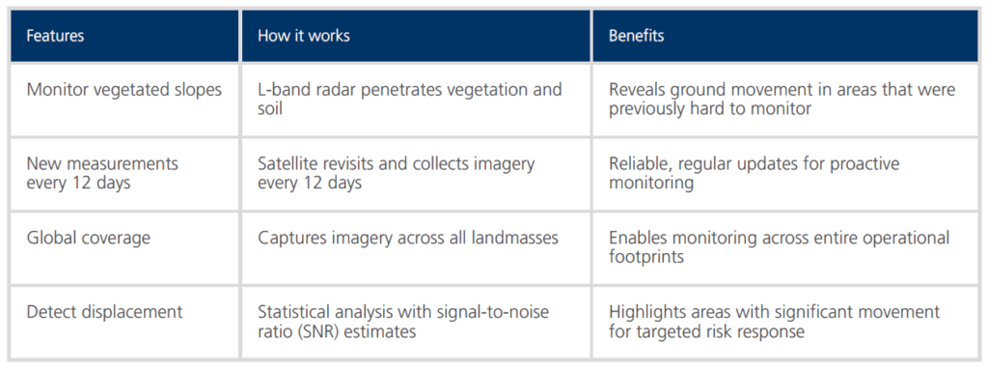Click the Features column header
click(55, 36)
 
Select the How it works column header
click(304, 36)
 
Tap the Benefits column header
click(637, 36)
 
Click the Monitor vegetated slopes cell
click(124, 90)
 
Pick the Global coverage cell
click(88, 238)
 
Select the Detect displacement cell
click(104, 312)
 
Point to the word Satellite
click(288, 164)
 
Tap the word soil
click(269, 109)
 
